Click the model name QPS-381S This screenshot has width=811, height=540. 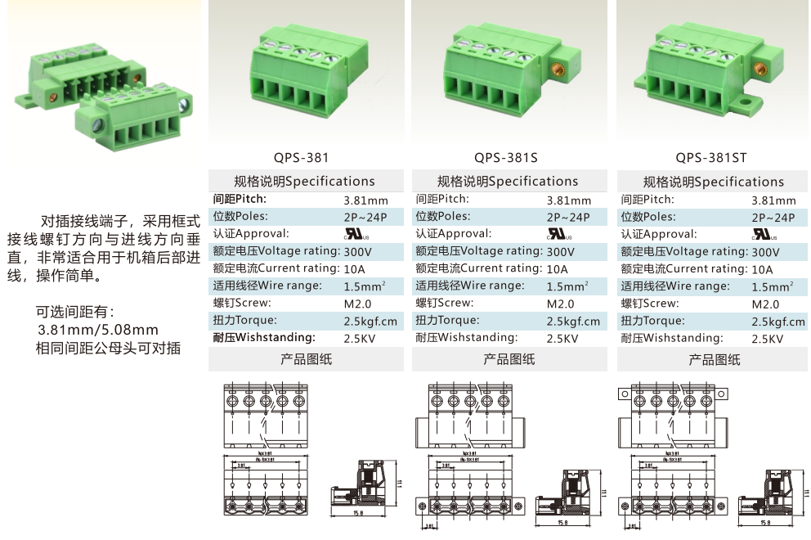[506, 157]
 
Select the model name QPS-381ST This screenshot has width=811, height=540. [711, 157]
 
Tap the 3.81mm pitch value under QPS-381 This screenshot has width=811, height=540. [365, 200]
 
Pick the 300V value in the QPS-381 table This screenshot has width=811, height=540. [357, 252]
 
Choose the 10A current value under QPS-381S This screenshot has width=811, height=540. [557, 269]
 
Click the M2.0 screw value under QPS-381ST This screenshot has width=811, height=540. [766, 304]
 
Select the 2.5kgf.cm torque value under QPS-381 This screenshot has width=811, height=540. [370, 322]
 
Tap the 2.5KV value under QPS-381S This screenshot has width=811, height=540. [562, 339]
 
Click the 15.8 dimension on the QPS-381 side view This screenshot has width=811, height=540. [358, 514]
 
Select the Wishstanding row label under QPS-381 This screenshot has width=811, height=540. [263, 338]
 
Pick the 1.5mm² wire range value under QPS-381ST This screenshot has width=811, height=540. [773, 287]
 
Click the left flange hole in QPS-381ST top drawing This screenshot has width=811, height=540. [625, 394]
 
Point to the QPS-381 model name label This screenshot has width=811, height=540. [302, 157]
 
